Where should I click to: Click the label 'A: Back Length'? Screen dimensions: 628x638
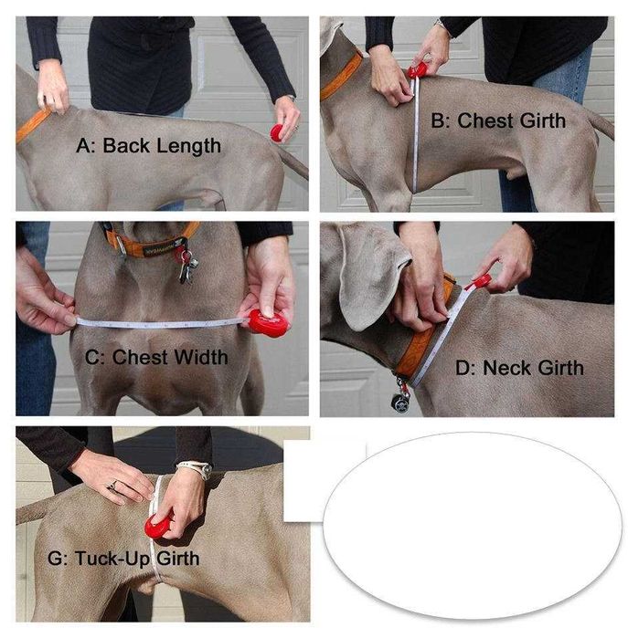148,146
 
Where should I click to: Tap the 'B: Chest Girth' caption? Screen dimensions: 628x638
498,120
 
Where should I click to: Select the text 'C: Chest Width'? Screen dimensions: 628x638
156,357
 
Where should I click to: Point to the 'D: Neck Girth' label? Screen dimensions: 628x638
519,368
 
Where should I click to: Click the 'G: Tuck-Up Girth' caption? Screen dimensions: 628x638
123,559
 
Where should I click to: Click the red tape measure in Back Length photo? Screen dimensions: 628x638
278,132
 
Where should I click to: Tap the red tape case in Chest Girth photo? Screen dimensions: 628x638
419,70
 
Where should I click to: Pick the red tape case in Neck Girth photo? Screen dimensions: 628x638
482,281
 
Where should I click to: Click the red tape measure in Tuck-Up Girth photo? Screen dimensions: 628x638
157,526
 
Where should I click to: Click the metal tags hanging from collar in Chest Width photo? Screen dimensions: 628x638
186,266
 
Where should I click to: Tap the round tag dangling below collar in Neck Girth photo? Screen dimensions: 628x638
400,401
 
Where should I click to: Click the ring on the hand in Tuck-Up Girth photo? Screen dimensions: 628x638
112,485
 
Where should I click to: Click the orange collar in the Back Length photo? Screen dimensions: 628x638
33,123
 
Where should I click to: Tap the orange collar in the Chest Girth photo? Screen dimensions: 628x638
342,77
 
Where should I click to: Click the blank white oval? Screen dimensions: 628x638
473,526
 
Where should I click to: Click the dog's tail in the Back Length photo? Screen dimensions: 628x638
294,164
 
